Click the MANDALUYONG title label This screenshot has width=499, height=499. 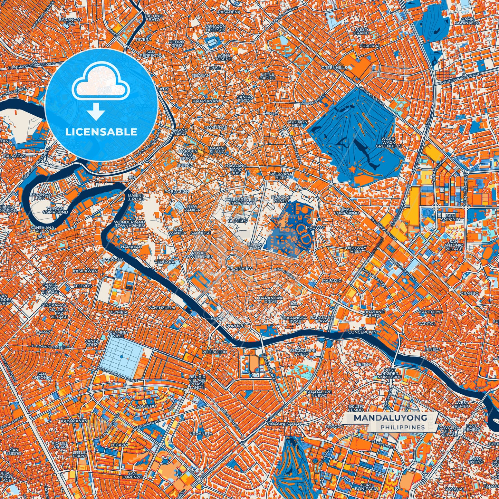pos(390,418)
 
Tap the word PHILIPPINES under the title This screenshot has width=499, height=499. pos(403,427)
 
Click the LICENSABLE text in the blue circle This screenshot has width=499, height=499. pos(101,132)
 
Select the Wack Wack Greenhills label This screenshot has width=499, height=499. pos(388,142)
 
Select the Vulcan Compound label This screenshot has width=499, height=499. pos(56,210)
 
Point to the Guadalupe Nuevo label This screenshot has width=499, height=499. pos(319,393)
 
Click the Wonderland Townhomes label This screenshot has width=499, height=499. pos(129,223)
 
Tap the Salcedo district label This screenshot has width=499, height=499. pos(146,406)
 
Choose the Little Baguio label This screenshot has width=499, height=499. pos(268,76)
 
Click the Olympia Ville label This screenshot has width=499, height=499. pos(119,334)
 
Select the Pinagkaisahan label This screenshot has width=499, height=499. pos(284,424)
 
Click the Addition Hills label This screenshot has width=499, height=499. pos(297,123)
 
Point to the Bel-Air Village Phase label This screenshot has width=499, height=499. pos(197,382)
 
